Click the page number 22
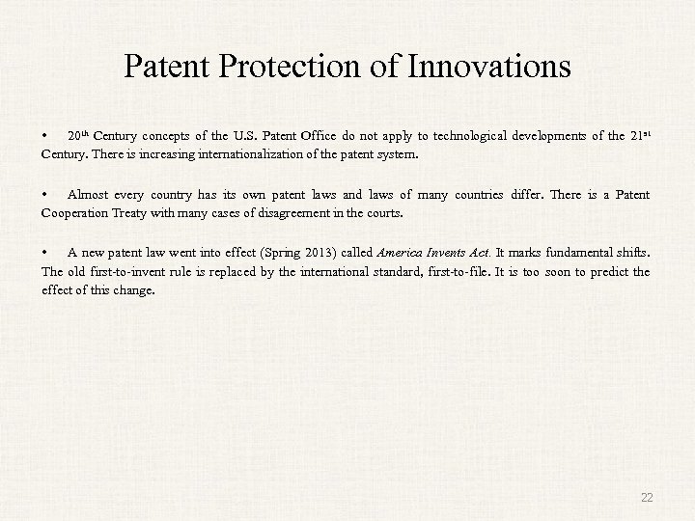[x=647, y=497]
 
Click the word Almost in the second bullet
[x=88, y=195]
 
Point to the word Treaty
[x=149, y=212]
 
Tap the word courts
[x=381, y=212]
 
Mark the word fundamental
[x=580, y=255]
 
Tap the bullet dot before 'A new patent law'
[x=45, y=255]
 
